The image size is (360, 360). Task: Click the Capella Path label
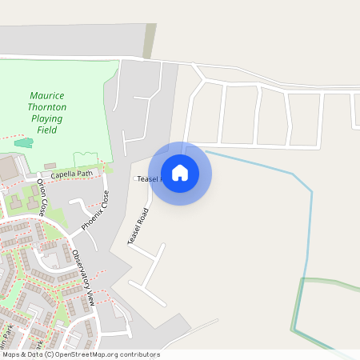72,174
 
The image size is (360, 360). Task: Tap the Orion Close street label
42,198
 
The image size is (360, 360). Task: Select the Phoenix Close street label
94,211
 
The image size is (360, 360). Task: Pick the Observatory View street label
83,278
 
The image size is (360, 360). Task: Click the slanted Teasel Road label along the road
138,226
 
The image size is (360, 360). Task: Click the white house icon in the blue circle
180,173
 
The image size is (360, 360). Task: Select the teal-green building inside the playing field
24,142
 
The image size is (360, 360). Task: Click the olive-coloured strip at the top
150,40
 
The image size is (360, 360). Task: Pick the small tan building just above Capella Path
50,165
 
